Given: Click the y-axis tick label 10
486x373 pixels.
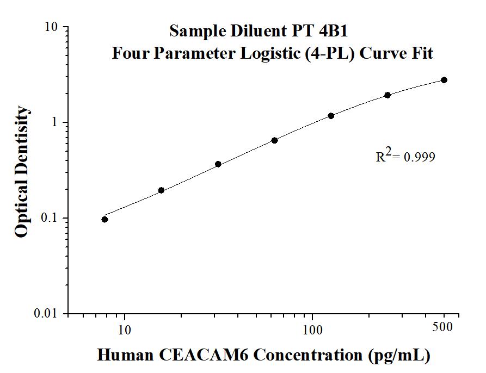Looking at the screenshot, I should pyautogui.click(x=53, y=27).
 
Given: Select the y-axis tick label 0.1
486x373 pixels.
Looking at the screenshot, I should pyautogui.click(x=51, y=218).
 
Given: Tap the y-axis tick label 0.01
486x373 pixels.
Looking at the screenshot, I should pyautogui.click(x=48, y=314).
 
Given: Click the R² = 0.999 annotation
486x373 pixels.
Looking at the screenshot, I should pyautogui.click(x=405, y=157).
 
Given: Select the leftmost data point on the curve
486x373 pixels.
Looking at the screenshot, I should pyautogui.click(x=104, y=219).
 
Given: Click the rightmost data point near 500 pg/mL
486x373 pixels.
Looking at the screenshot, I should pyautogui.click(x=444, y=80).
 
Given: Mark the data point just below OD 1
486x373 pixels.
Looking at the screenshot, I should pyautogui.click(x=274, y=140).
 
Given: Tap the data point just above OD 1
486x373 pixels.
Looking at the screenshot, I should pyautogui.click(x=331, y=116).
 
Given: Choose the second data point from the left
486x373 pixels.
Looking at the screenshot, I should pyautogui.click(x=161, y=190).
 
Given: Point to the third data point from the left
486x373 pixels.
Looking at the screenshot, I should pyautogui.click(x=218, y=164).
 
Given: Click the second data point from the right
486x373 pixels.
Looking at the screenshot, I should pyautogui.click(x=387, y=95).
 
